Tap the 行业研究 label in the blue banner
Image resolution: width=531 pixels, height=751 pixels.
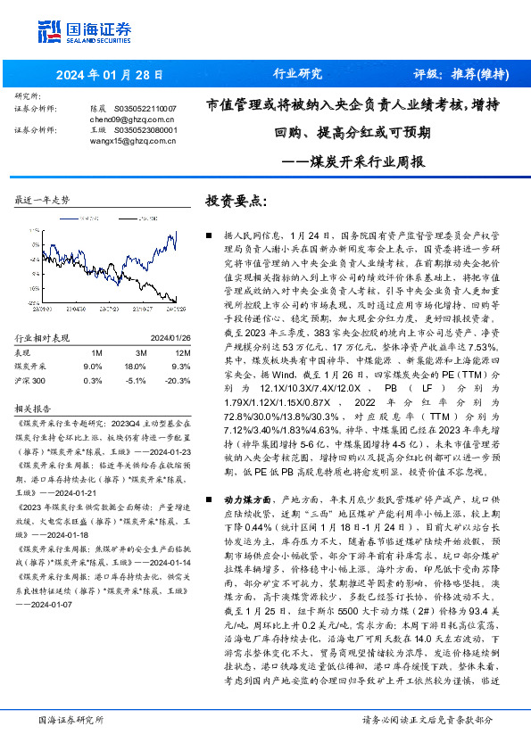coord(296,74)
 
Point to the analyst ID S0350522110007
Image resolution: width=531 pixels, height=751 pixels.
coord(146,107)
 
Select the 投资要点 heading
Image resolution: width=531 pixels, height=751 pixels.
coord(236,201)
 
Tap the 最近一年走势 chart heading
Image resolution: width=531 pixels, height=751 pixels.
coord(43,201)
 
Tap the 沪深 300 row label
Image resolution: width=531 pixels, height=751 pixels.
coord(32,379)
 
